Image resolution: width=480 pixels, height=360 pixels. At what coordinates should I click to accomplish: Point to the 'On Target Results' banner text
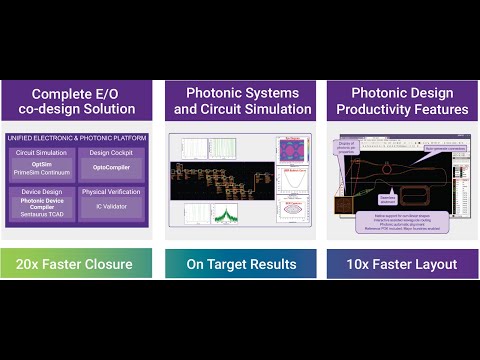(240, 264)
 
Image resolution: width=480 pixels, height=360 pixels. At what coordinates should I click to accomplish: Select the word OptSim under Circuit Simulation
(41, 162)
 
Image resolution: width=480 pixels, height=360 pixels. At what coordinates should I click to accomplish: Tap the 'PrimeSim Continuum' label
(41, 171)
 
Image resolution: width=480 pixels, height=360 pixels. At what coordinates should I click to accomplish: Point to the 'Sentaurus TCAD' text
(41, 214)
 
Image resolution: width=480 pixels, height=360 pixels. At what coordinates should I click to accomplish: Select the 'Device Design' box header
(41, 190)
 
